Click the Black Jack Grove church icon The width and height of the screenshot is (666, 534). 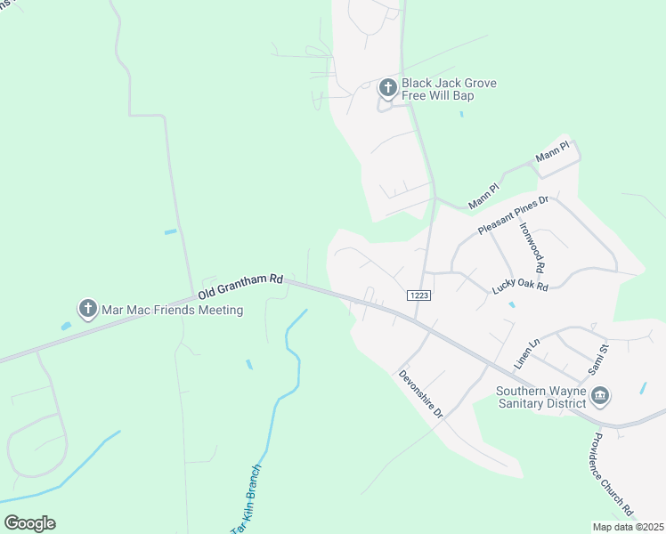[x=387, y=87]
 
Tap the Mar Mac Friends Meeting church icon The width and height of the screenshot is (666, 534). [x=87, y=309]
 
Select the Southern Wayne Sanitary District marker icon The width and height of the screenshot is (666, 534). [x=600, y=394]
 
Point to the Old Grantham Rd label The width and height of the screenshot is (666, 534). [x=240, y=287]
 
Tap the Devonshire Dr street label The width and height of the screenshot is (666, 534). [x=420, y=398]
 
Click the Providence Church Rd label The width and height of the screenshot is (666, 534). [x=613, y=473]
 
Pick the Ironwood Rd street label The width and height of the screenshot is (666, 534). [x=532, y=247]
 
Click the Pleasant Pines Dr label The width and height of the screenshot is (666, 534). [x=514, y=216]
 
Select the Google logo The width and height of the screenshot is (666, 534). [x=29, y=523]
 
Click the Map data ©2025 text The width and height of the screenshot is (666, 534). [x=627, y=527]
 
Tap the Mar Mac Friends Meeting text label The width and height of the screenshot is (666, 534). [x=173, y=310]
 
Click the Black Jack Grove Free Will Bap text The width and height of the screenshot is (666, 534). [x=449, y=89]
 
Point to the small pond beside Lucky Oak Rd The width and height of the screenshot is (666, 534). [x=511, y=305]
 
